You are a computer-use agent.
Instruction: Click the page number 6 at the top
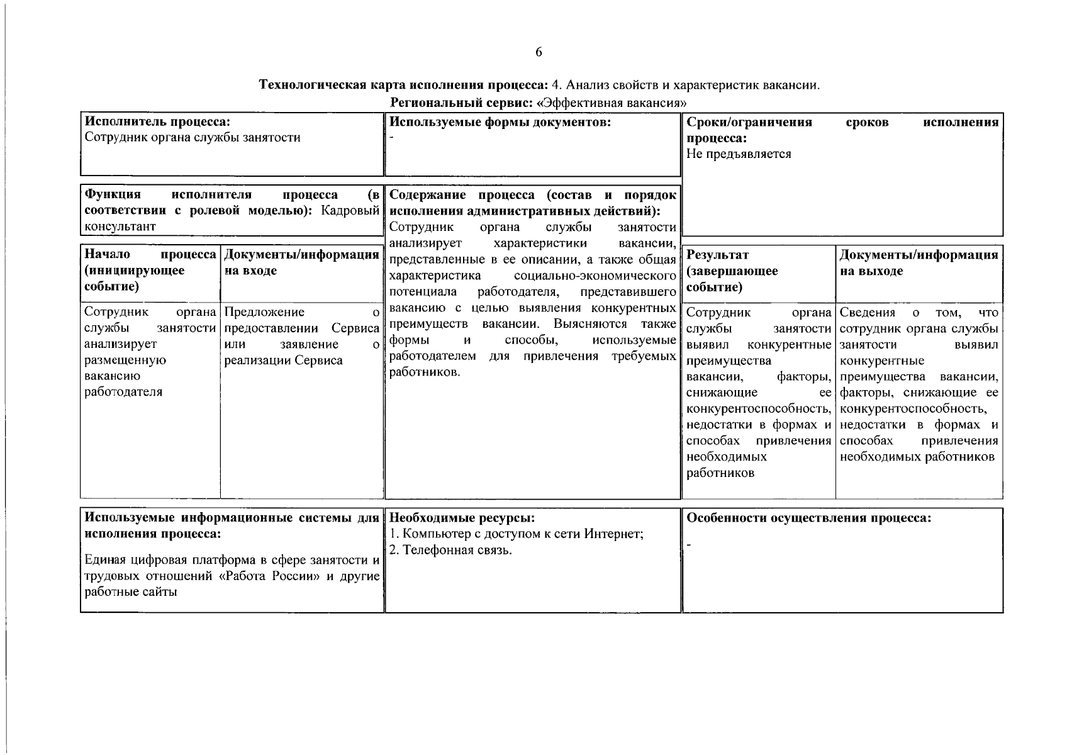click(539, 52)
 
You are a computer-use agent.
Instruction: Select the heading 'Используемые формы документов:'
click(500, 122)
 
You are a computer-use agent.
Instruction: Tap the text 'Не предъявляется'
click(739, 154)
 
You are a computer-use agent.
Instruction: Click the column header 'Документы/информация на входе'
click(301, 263)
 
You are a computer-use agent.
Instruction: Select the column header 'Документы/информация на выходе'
click(919, 263)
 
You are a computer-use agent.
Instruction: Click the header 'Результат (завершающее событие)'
click(732, 271)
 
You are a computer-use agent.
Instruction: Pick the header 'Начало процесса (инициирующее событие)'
click(150, 271)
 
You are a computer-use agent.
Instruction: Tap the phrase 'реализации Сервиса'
click(283, 361)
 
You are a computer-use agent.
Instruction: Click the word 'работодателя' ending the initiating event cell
click(123, 392)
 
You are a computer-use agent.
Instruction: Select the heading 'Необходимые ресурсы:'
click(462, 518)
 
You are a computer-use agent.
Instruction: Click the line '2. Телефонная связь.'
click(450, 551)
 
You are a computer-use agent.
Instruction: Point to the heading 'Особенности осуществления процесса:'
click(808, 518)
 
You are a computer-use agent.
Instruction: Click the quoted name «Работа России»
click(270, 576)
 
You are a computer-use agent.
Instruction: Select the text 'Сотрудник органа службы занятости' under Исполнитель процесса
click(193, 138)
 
